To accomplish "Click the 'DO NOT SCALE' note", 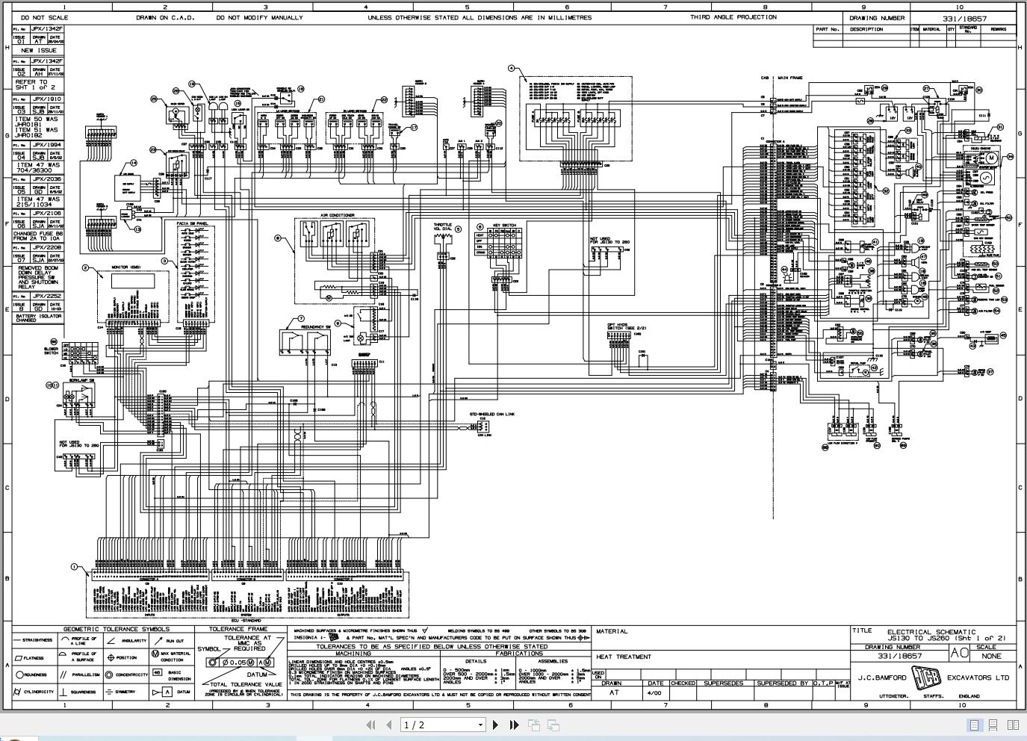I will point(44,17).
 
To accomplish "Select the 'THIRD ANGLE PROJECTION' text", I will point(733,17).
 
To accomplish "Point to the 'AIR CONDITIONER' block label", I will point(338,215).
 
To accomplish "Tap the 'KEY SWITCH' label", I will point(503,226).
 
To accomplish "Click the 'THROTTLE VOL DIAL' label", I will point(443,227).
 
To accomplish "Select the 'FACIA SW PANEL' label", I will point(192,223).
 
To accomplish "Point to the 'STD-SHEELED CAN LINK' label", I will point(491,414).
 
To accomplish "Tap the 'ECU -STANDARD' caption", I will point(246,621).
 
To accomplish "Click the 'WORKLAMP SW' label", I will point(81,380).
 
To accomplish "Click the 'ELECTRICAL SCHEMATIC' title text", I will point(931,632).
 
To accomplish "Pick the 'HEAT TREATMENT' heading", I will point(623,657).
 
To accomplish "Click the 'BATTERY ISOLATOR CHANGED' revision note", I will point(37,317).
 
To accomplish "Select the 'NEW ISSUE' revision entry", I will point(37,50).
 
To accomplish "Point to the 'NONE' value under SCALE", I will point(991,656).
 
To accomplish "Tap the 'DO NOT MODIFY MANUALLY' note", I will point(259,17).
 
